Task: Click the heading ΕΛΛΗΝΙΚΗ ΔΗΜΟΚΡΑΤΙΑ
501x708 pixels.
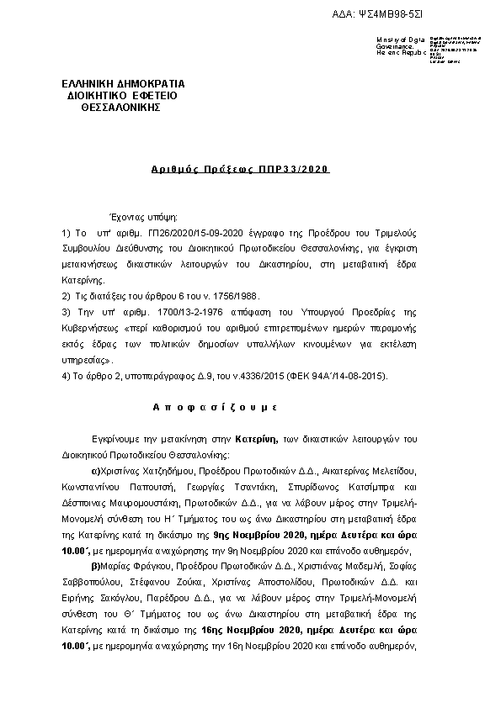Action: pos(124,84)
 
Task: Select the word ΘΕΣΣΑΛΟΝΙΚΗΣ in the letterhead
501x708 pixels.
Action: pos(113,108)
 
